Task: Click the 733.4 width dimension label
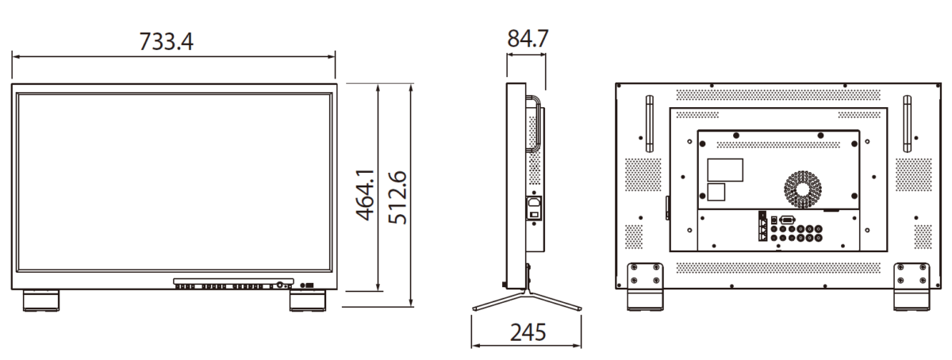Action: [x=166, y=42]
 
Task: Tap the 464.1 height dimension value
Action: [x=365, y=195]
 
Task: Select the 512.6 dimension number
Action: [x=397, y=197]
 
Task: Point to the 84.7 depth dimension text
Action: [x=528, y=39]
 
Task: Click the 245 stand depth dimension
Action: [x=528, y=332]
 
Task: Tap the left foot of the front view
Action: [x=41, y=301]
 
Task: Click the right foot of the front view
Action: [x=308, y=301]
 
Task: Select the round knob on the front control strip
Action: [x=279, y=285]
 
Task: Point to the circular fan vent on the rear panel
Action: [x=803, y=190]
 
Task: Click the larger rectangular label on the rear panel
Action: [x=725, y=170]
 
